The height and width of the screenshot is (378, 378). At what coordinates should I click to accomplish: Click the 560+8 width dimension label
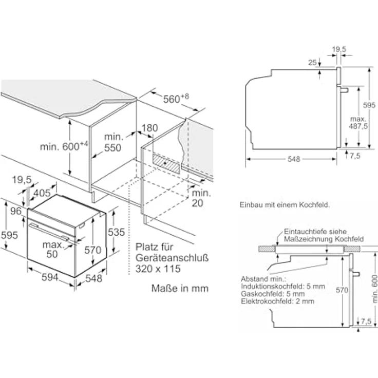(x=176, y=98)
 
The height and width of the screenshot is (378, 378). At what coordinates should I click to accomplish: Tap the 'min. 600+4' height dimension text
(x=64, y=146)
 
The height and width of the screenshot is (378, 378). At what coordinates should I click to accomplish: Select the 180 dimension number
(x=149, y=128)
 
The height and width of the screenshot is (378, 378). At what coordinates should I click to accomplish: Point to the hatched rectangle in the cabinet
(x=166, y=164)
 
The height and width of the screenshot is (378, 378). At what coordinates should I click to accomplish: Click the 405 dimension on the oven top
(x=42, y=193)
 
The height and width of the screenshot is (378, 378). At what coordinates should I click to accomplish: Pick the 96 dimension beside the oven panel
(x=16, y=211)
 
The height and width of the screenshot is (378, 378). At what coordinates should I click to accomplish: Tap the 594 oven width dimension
(x=50, y=277)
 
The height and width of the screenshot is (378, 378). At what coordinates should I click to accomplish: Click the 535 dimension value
(x=116, y=232)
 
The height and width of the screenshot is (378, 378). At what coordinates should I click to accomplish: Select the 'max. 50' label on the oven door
(x=52, y=249)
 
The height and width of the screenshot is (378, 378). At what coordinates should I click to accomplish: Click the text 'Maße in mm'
(x=180, y=288)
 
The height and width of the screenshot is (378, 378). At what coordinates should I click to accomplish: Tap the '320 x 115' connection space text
(x=158, y=269)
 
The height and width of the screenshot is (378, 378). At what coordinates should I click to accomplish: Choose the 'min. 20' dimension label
(x=201, y=198)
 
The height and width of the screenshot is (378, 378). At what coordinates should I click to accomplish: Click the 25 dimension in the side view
(x=312, y=63)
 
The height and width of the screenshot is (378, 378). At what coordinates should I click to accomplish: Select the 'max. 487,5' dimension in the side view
(x=358, y=122)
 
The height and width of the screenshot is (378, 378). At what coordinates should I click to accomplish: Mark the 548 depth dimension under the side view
(x=294, y=159)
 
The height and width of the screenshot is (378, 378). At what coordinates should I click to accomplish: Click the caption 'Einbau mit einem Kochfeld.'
(x=285, y=205)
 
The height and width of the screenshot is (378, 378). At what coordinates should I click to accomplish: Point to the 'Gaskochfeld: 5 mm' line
(x=273, y=294)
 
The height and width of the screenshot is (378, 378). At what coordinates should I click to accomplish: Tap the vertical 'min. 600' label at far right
(x=374, y=289)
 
